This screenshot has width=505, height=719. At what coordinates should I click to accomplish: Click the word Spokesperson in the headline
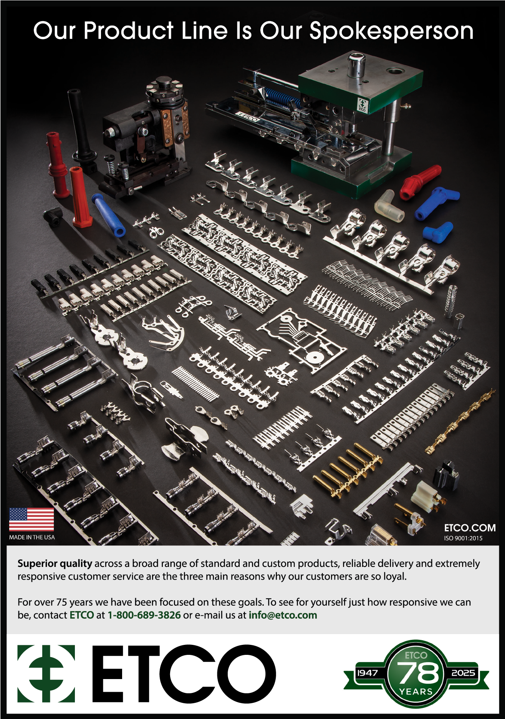click(x=391, y=31)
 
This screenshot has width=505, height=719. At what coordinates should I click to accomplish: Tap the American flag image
click(x=31, y=519)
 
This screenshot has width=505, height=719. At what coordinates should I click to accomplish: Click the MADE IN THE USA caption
click(x=32, y=537)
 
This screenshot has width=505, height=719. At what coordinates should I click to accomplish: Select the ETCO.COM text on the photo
click(x=470, y=528)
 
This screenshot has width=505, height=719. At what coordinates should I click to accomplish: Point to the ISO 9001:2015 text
click(x=463, y=538)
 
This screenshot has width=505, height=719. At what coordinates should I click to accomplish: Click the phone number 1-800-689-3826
click(x=144, y=615)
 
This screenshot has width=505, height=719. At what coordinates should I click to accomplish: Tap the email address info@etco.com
click(x=283, y=615)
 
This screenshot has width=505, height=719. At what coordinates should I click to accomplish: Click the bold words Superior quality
click(x=55, y=564)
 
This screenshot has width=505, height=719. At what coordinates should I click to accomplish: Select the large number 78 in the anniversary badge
click(x=418, y=673)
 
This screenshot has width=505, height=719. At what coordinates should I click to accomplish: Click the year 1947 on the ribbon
click(x=368, y=673)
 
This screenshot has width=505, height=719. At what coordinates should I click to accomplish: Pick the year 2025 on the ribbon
click(x=463, y=673)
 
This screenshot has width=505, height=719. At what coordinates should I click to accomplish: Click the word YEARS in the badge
click(x=416, y=692)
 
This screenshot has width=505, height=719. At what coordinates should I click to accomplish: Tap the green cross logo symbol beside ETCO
click(x=46, y=674)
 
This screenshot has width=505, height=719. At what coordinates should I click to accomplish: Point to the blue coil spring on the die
click(x=282, y=99)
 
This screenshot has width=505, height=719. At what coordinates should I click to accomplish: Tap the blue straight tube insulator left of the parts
click(x=108, y=215)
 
